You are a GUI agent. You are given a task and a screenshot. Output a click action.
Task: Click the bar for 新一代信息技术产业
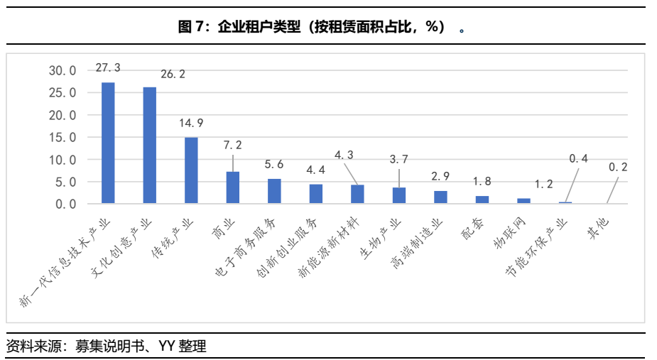pyautogui.click(x=108, y=143)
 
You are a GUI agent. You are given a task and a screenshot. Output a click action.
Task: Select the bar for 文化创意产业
pyautogui.click(x=150, y=146)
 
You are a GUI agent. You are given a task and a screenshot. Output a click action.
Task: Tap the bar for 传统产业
pyautogui.click(x=191, y=170)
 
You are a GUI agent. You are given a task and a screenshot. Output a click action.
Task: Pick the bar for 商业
pyautogui.click(x=233, y=187)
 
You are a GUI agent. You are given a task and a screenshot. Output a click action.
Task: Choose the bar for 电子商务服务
pyautogui.click(x=274, y=191)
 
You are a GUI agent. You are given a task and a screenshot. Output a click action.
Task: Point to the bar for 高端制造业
pyautogui.click(x=440, y=197)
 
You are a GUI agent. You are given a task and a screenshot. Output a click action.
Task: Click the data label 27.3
pyautogui.click(x=108, y=67)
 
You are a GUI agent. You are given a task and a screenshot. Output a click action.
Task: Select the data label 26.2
pyautogui.click(x=173, y=74)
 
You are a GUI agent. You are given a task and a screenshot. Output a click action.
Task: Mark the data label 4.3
pyautogui.click(x=343, y=153)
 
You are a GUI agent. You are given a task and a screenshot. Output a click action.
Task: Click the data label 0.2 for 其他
pyautogui.click(x=619, y=167)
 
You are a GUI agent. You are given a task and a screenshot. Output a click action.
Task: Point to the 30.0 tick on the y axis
pyautogui.click(x=62, y=70)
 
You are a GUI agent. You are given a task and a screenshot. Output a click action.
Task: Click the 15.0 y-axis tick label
pyautogui.click(x=62, y=137)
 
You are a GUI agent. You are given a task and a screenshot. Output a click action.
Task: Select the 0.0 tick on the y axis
pyautogui.click(x=65, y=204)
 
